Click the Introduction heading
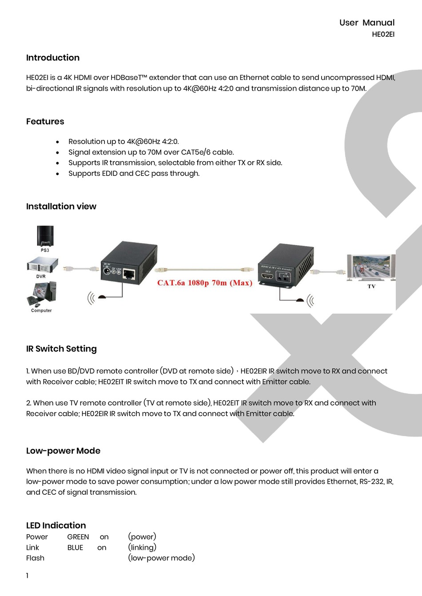[x=53, y=58]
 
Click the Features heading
[x=45, y=122]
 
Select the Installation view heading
[x=61, y=207]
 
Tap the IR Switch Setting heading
[x=61, y=349]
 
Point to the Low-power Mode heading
[x=63, y=451]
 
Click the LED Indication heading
[x=56, y=525]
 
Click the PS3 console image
[x=45, y=236]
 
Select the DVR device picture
[x=41, y=265]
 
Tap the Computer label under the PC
[x=41, y=311]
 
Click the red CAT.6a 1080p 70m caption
[x=205, y=283]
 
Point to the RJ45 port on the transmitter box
[x=129, y=274]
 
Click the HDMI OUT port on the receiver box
[x=267, y=277]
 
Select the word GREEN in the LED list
[x=78, y=537]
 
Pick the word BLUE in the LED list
[x=76, y=548]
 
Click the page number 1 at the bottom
[x=27, y=576]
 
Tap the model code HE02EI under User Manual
[x=383, y=35]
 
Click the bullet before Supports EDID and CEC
[x=58, y=174]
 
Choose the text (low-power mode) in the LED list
[x=161, y=558]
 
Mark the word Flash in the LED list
[x=35, y=558]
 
